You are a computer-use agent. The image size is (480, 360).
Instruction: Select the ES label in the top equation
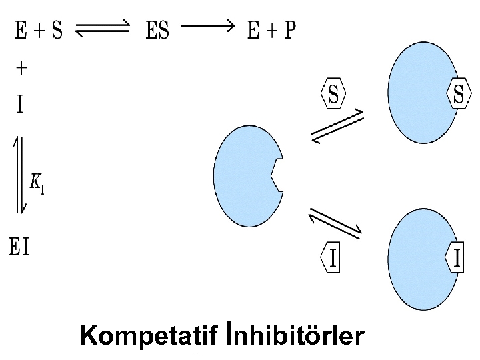158,31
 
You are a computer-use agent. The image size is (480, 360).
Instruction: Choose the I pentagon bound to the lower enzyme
456,258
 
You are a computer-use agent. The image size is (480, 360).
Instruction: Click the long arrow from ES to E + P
208,27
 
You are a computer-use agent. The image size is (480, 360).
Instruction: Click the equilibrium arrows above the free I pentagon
335,223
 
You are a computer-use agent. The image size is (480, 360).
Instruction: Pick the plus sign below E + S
21,68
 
